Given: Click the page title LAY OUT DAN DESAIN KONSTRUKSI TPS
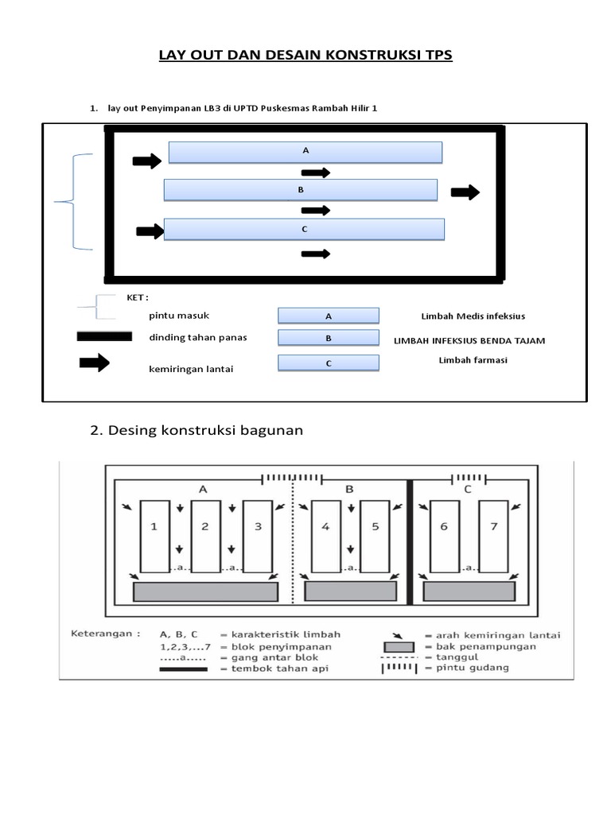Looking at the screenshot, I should click(x=305, y=56).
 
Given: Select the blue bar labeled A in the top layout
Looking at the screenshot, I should click(x=305, y=152).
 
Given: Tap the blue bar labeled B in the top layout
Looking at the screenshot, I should click(x=301, y=190).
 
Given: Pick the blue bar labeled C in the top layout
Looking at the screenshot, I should click(x=304, y=229).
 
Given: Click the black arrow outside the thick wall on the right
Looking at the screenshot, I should click(x=465, y=192).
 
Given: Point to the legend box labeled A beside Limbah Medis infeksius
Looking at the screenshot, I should click(x=328, y=316).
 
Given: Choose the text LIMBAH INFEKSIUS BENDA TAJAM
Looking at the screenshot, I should click(x=469, y=341).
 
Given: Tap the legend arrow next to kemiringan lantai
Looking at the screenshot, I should click(x=95, y=363).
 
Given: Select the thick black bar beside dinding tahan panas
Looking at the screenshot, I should click(x=104, y=336).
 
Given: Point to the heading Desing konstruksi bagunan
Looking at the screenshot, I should click(x=197, y=430).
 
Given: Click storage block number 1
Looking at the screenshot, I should click(x=155, y=536).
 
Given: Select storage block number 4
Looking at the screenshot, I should click(x=326, y=536).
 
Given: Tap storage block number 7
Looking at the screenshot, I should click(x=493, y=536).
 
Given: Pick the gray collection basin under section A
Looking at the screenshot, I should click(x=205, y=591).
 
